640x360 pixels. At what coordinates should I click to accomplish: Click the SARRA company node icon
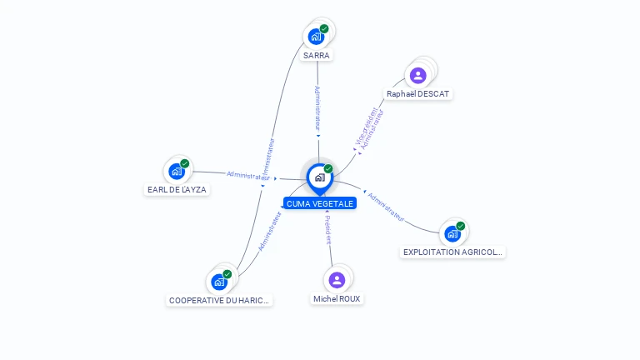[316, 37]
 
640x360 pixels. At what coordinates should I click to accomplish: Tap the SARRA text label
[317, 56]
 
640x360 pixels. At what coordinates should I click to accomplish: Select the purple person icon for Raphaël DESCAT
[418, 76]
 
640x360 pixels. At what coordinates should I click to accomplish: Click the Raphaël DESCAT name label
[417, 94]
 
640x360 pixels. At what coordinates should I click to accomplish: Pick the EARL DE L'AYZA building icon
[177, 172]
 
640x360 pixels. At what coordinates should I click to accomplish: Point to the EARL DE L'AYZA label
[177, 190]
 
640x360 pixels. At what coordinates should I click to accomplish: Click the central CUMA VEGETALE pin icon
[320, 179]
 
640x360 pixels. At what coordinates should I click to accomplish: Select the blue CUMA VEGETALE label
[320, 203]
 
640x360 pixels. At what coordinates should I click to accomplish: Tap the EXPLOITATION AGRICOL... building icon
[452, 234]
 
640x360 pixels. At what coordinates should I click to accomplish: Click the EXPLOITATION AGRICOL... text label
[452, 252]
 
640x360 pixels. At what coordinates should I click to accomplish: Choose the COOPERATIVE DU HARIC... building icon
[219, 282]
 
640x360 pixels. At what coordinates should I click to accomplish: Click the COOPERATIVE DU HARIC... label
[219, 301]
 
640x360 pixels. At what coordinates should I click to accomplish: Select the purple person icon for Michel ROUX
[337, 280]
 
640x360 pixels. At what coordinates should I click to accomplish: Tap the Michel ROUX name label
[337, 299]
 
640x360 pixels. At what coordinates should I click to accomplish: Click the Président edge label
[328, 229]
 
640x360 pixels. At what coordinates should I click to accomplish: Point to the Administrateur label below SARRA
[317, 108]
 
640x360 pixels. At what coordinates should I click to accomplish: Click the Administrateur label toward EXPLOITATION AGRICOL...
[386, 207]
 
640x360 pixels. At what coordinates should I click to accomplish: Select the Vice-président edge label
[366, 126]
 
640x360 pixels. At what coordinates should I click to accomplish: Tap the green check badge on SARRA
[324, 28]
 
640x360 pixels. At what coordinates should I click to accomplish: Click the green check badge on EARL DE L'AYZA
[185, 163]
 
